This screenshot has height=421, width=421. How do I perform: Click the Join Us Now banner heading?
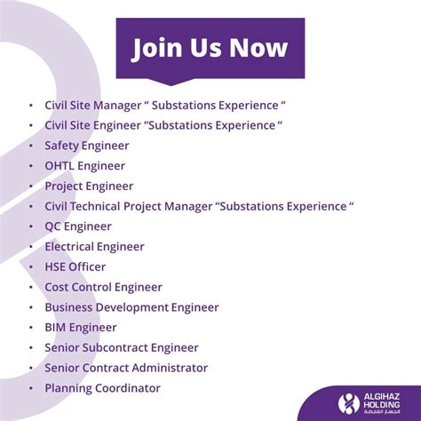point(210,47)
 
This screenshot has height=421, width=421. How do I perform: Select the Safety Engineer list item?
point(87,146)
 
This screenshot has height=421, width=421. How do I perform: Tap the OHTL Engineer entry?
point(84,166)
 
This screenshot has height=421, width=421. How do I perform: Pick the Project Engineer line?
point(89,187)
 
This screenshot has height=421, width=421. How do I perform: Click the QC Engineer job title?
point(78,226)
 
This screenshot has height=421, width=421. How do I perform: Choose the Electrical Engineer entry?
point(94,247)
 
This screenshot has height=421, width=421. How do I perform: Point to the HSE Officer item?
point(75,266)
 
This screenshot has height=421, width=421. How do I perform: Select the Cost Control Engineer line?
point(103,287)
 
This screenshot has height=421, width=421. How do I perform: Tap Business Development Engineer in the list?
point(131,307)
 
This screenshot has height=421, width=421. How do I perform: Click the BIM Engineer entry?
point(81,328)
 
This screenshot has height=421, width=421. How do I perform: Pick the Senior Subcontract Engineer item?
point(122,347)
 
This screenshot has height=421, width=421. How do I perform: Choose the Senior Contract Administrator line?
point(126,368)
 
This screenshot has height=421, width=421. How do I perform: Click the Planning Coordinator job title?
point(102,388)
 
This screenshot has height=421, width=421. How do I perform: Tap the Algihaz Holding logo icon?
point(350,401)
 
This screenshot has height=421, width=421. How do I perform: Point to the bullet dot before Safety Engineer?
point(31,146)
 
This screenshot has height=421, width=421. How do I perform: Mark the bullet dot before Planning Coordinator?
point(31,388)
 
